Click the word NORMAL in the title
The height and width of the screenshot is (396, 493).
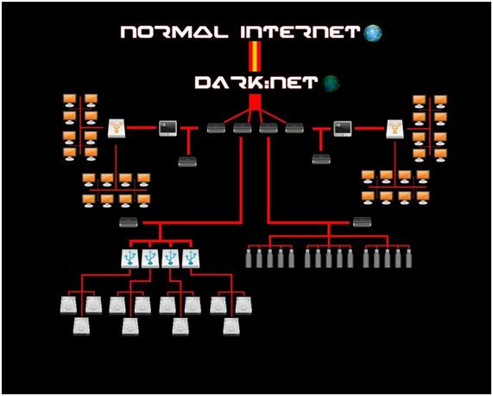coord(174,32)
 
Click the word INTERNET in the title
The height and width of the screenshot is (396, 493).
coord(300,32)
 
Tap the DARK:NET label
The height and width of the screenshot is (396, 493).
coord(256,83)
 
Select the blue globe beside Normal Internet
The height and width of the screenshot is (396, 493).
coord(373,33)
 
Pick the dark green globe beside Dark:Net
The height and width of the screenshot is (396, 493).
coord(332,83)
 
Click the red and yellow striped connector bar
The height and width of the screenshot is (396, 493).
coord(255,57)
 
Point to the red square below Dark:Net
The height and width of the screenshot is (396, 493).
coord(255,102)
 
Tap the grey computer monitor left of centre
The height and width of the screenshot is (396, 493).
coord(167,129)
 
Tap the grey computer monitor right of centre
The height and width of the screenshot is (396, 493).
coord(343,129)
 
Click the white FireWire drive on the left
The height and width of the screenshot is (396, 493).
coord(117,129)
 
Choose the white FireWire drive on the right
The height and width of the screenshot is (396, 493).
coord(395,129)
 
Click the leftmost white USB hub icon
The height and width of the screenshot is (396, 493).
coord(130,259)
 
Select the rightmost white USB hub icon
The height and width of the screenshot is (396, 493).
coord(191,259)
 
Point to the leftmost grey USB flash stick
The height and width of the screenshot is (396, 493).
coord(249,259)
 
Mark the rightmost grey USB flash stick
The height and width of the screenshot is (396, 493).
coord(408,259)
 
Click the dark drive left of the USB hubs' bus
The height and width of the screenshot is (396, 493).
coord(129,222)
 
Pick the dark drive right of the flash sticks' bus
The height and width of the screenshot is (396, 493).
coord(363,222)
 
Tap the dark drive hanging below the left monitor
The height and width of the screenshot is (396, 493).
coord(187,162)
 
